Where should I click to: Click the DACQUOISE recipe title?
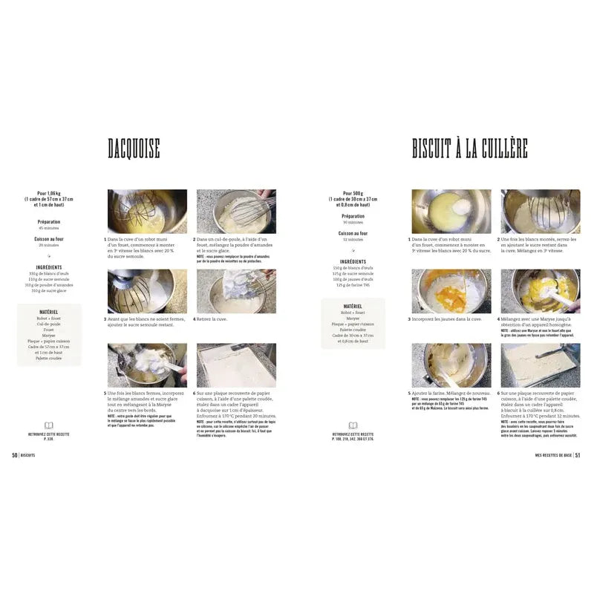click(134, 149)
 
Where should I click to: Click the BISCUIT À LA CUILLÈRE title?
click(469, 148)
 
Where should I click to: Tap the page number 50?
click(14, 455)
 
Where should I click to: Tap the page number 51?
click(577, 455)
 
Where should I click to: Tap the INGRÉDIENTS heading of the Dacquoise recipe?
click(49, 267)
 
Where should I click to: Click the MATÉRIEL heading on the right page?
click(353, 305)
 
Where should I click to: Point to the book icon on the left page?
click(49, 425)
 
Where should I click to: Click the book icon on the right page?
click(353, 425)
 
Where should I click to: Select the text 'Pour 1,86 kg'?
click(49, 193)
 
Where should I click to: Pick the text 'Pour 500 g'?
click(353, 193)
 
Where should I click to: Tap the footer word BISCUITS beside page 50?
click(29, 455)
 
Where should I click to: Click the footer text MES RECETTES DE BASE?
click(549, 455)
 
